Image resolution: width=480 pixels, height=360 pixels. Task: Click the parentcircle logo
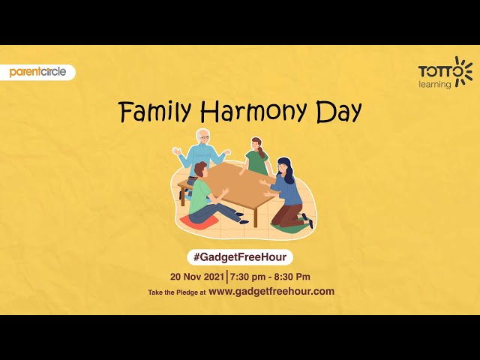coord(37,72)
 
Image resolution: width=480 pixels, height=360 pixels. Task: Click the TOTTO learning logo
coord(445,73)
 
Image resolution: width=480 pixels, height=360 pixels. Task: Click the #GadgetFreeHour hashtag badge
coord(240,257)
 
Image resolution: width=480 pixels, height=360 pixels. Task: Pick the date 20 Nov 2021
coord(197,277)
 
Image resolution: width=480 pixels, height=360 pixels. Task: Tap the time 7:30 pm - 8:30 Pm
coord(270,277)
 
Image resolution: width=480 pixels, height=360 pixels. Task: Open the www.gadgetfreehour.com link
coord(271,291)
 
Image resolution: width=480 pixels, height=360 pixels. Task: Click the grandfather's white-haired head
coord(203,136)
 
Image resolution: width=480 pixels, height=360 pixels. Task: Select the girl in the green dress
coord(257,157)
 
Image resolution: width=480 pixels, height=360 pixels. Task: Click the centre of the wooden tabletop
coord(236,184)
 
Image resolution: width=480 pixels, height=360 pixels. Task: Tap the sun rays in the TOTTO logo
coord(463,70)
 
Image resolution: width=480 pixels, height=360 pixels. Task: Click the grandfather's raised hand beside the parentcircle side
coord(177,150)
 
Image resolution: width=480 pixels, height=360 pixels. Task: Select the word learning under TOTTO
coord(435,85)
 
